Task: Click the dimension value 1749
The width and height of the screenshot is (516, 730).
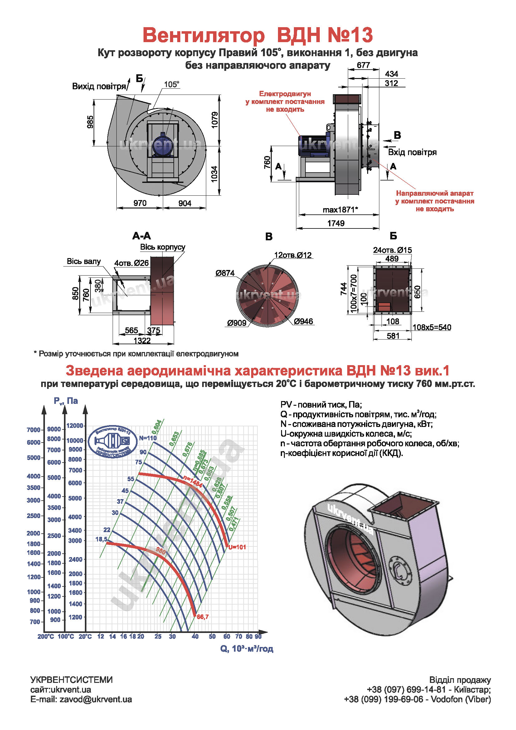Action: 336,223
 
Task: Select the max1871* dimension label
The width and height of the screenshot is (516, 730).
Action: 340,210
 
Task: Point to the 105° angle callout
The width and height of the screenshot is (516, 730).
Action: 172,84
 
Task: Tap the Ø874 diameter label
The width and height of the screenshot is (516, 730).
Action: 225,273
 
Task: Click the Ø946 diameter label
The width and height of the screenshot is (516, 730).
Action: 304,321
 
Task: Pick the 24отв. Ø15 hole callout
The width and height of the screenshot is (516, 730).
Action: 392,250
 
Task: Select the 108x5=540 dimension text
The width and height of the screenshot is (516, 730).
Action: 432,327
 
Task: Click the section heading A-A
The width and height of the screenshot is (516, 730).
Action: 142,236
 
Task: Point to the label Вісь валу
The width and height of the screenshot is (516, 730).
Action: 84,261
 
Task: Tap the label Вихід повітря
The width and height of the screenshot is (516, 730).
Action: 99,86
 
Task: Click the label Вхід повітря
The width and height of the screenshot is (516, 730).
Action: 412,152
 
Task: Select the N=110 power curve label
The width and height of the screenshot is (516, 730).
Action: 148,438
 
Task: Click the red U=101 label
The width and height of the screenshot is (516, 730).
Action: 237,547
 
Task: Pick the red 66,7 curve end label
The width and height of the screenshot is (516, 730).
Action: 203,617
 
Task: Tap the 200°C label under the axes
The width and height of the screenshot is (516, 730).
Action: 46,636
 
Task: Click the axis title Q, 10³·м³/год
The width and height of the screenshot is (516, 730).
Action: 246,649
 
